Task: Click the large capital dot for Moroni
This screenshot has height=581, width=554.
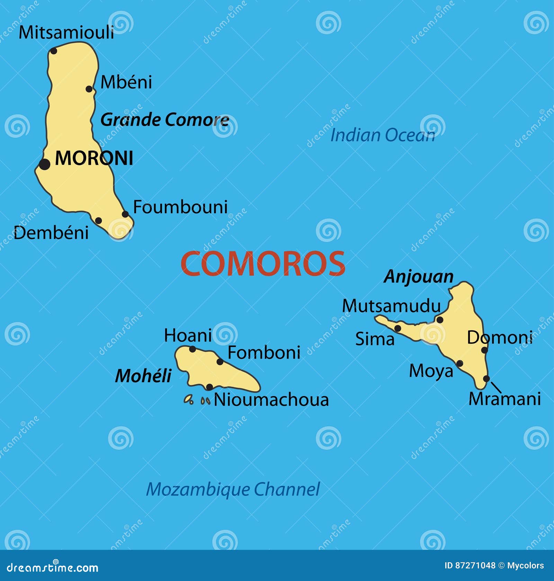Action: [x=44, y=164]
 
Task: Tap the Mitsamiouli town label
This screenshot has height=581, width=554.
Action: [x=66, y=33]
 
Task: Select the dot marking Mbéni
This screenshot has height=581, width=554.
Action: [x=89, y=89]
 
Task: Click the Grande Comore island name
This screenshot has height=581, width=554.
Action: [x=164, y=120]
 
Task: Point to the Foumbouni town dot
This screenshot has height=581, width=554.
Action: [x=125, y=214]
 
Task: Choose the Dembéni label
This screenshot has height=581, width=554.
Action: [x=51, y=233]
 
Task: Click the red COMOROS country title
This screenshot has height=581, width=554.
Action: [x=263, y=264]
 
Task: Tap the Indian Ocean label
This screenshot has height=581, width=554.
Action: [x=382, y=135]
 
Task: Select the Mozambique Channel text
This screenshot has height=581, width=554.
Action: [x=233, y=489]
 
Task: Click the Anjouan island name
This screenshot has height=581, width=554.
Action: [x=419, y=277]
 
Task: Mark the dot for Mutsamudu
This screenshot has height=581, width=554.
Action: [x=440, y=320]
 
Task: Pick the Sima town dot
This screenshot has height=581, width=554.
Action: [x=398, y=328]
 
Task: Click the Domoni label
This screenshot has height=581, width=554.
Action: [x=500, y=338]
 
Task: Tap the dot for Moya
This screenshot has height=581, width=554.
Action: [x=459, y=363]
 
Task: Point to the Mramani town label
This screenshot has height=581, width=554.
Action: [x=504, y=399]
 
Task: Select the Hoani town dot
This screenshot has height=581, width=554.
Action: [x=193, y=349]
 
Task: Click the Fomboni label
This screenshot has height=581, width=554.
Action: [x=264, y=353]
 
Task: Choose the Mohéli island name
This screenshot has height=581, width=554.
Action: [x=143, y=376]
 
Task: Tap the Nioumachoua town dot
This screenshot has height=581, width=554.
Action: [x=209, y=387]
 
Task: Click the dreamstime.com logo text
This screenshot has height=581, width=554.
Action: [x=53, y=568]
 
